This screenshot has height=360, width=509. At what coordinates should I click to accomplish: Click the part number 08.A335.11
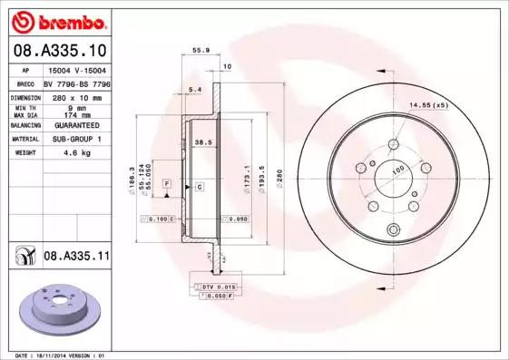click(76, 258)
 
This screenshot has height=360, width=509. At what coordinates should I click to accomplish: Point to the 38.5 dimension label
click(203, 141)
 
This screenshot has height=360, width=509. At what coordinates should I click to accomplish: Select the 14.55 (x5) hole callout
click(427, 106)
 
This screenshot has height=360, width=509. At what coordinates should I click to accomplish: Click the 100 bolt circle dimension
click(396, 170)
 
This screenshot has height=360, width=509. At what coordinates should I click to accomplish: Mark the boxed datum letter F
click(167, 185)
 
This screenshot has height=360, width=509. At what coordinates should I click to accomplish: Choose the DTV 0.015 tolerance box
click(214, 287)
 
